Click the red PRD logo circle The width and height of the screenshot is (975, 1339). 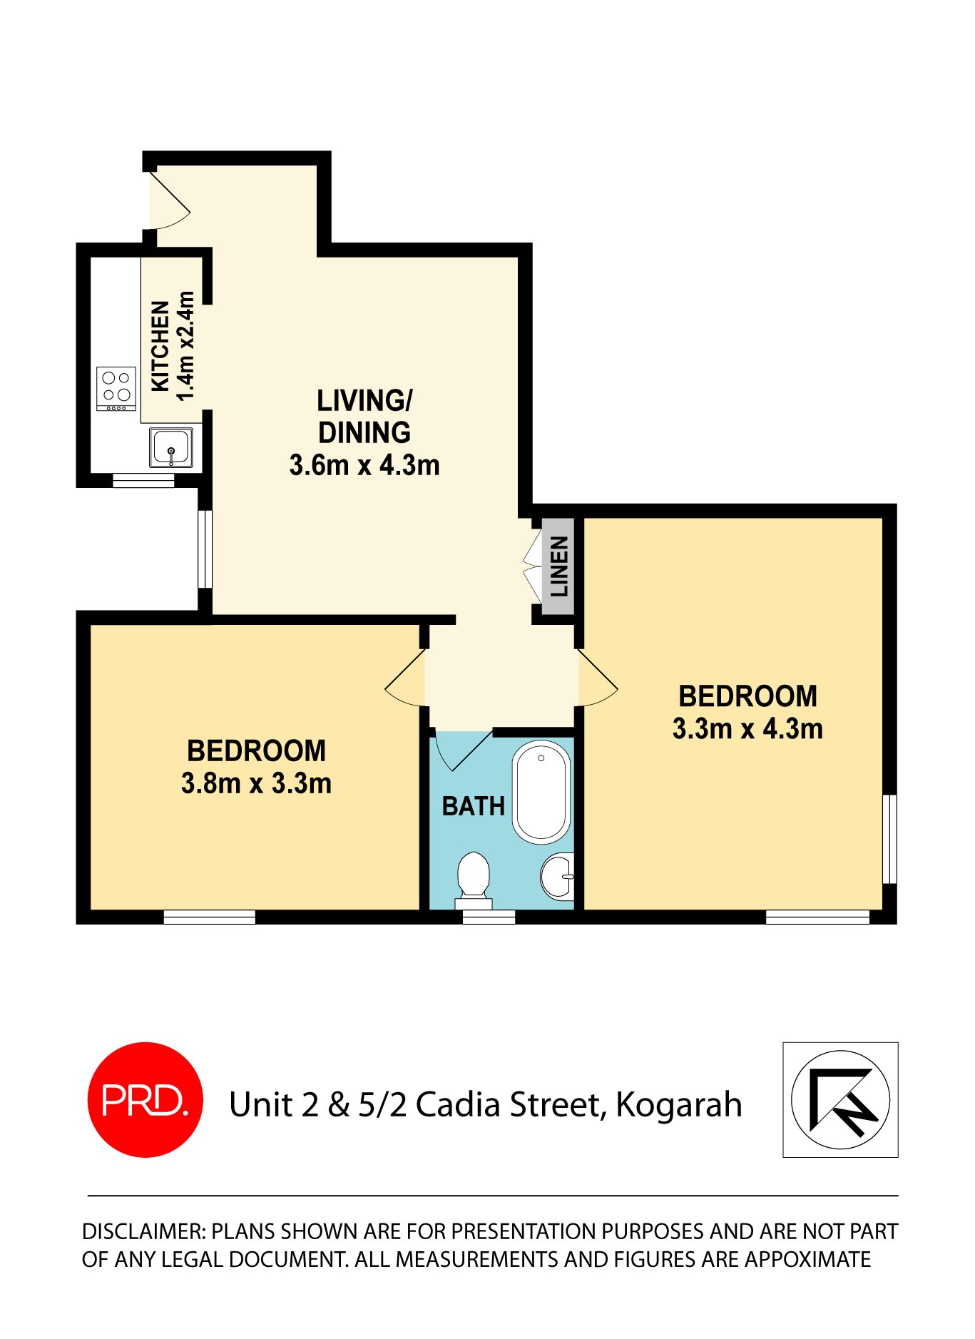[x=145, y=1099]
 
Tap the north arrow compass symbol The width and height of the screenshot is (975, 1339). [x=840, y=1099]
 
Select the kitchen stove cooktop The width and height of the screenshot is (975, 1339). [x=116, y=388]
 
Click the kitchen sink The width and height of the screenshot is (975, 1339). [x=171, y=447]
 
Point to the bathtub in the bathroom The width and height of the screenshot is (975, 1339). [x=541, y=791]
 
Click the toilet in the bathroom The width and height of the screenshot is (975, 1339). [x=473, y=877]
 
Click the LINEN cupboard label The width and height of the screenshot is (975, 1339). [x=559, y=566]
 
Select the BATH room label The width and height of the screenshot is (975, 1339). [x=473, y=806]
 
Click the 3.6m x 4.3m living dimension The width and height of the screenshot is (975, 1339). [x=364, y=465]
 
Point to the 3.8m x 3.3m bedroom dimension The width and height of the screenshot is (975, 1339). [x=256, y=783]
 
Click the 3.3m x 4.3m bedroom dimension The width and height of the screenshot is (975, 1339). [x=747, y=728]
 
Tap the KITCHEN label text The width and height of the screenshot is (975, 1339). [x=161, y=346]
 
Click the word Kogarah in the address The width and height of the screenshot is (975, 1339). [x=678, y=1105]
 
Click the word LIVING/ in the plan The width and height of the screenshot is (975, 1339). [x=364, y=401]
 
